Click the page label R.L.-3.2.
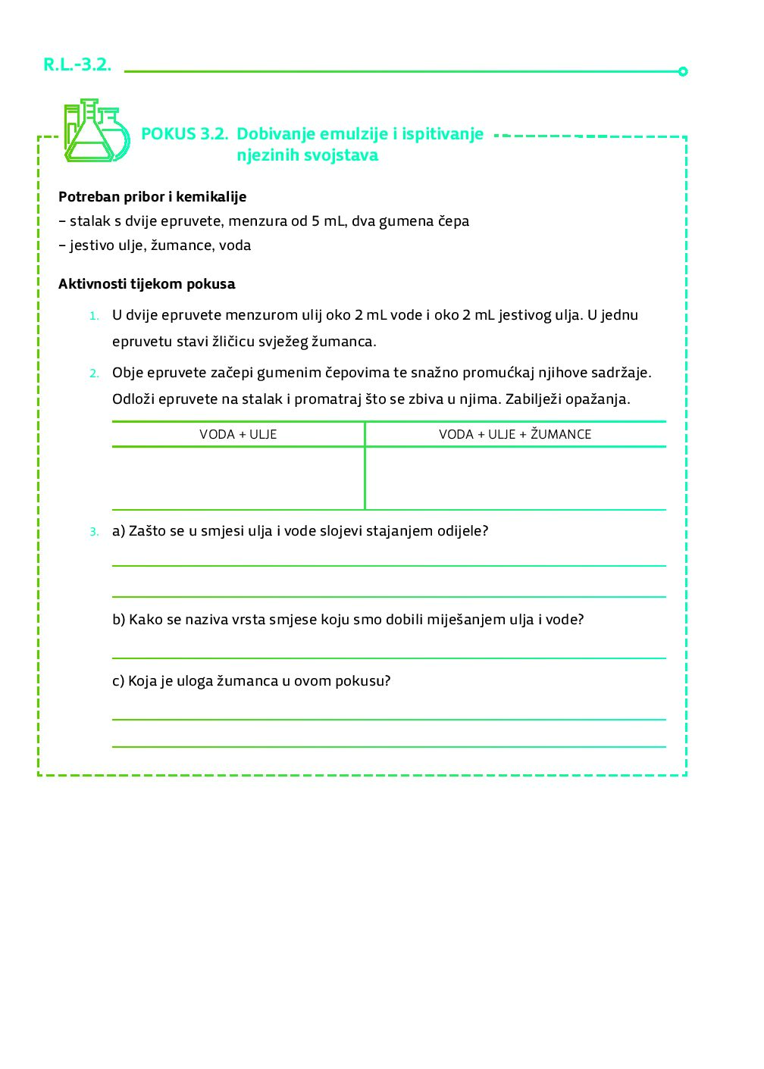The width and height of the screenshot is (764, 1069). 77,65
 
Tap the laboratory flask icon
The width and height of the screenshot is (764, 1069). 96,131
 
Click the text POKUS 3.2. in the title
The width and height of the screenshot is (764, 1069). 184,134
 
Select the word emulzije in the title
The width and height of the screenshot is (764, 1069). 354,134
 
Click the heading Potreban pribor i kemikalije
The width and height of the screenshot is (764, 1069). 152,197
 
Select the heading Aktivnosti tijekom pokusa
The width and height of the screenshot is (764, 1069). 146,284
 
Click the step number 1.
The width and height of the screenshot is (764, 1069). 94,316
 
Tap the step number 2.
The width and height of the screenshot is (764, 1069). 94,374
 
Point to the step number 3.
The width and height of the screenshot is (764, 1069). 94,532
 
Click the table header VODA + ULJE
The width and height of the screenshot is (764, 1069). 238,434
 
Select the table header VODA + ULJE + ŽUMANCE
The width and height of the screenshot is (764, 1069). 515,434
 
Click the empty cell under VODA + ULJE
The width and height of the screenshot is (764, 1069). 238,478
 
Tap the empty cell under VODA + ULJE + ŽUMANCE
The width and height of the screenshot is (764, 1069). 515,478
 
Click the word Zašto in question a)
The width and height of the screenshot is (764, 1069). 148,531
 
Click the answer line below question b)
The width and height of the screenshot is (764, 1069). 389,656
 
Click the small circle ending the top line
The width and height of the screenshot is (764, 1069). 683,71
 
